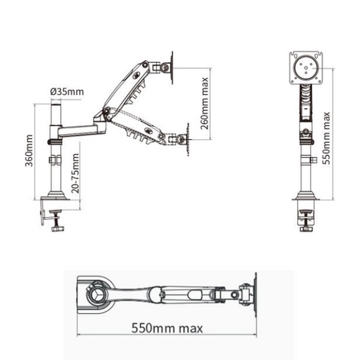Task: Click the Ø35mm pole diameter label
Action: pyautogui.click(x=67, y=92)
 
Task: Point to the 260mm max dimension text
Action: pyautogui.click(x=204, y=102)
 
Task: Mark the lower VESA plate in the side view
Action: pyautogui.click(x=185, y=140)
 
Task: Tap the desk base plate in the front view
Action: pyautogui.click(x=305, y=202)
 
